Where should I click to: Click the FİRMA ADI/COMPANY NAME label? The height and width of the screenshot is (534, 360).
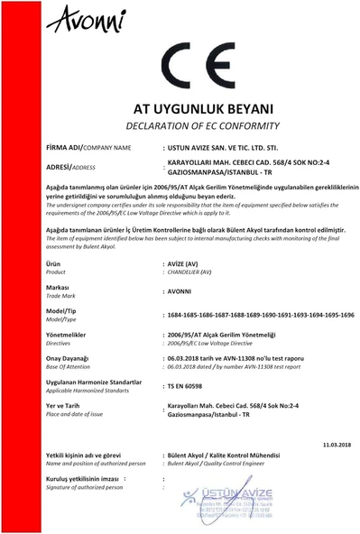[88, 147]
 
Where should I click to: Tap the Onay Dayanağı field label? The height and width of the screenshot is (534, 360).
[72, 357]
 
